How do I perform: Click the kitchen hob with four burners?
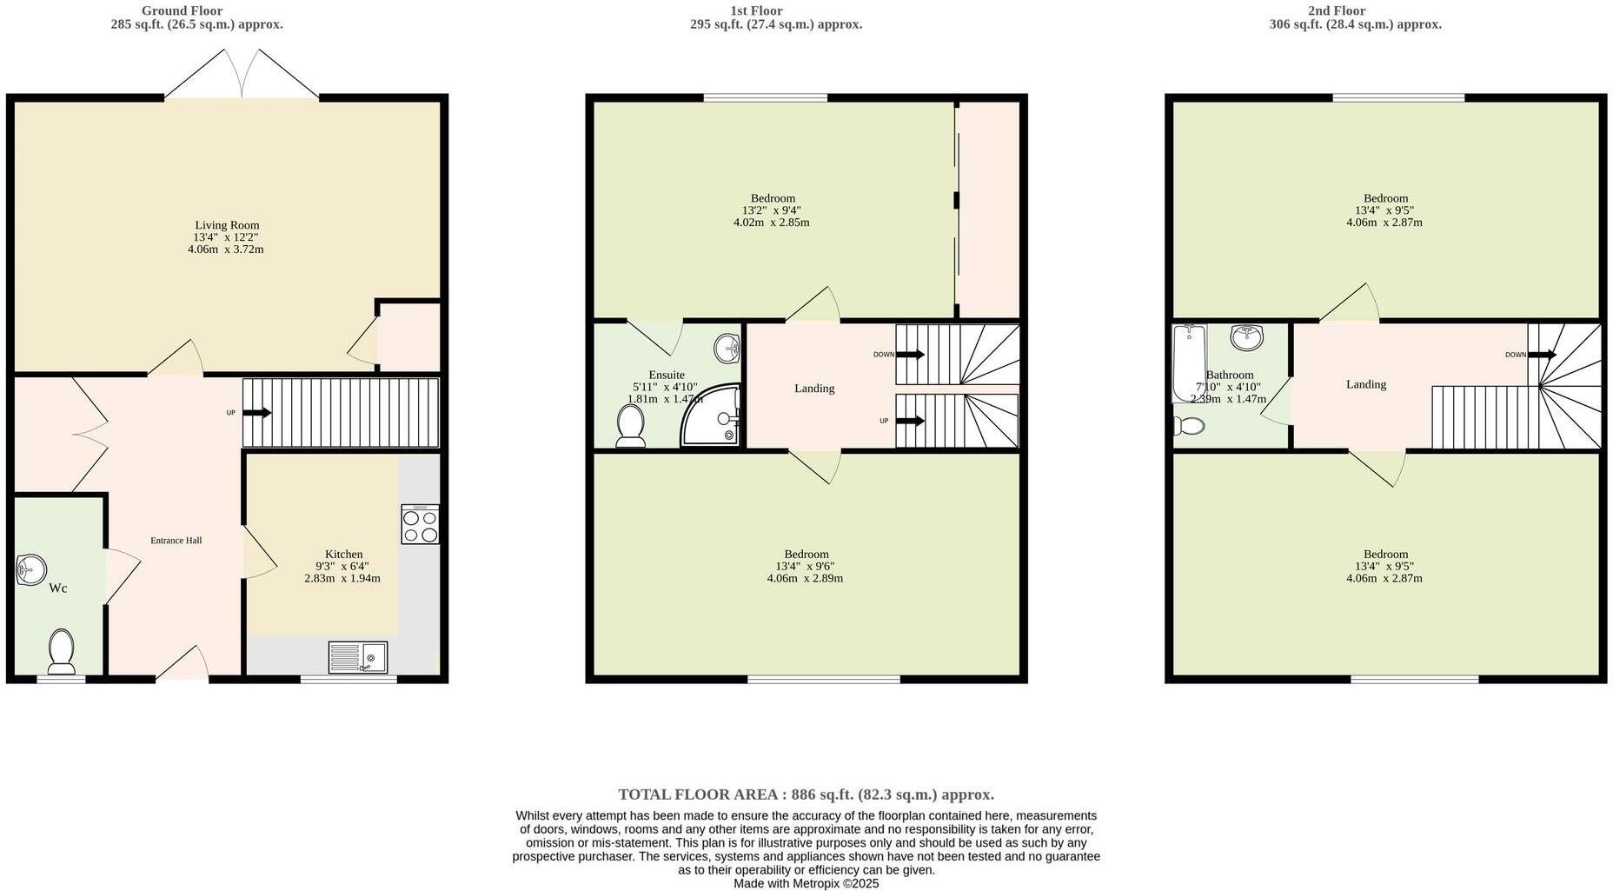[420, 524]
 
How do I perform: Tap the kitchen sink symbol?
[358, 657]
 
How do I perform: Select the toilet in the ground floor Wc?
[61, 652]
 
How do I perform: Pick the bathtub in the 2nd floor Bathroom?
[1188, 363]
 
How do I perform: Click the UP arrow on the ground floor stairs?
[256, 413]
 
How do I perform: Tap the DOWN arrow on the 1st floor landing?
[909, 355]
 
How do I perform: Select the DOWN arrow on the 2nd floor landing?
[1541, 355]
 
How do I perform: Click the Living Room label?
[226, 225]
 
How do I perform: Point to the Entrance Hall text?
[176, 541]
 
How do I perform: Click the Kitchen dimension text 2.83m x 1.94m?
[342, 578]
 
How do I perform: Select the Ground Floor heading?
[182, 10]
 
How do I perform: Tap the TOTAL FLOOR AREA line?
[806, 795]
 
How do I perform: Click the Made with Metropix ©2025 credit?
[806, 883]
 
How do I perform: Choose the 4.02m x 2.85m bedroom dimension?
[771, 223]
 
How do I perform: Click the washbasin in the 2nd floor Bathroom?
[1246, 336]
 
